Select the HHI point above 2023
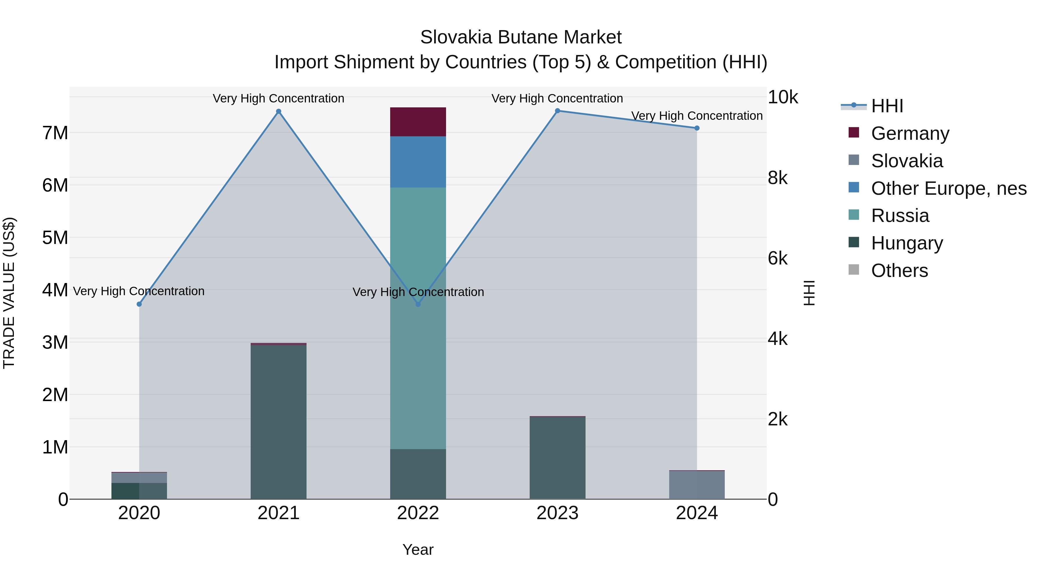557,111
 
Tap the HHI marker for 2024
697,128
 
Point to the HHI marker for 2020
139,304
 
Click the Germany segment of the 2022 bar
418,122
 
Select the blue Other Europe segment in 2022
418,162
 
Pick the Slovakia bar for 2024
697,485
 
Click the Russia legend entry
900,216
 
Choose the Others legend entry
899,271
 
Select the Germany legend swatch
854,133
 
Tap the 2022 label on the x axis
418,513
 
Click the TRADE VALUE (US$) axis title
9,293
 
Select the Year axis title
418,550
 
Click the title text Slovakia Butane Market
521,37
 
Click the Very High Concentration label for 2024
697,116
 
